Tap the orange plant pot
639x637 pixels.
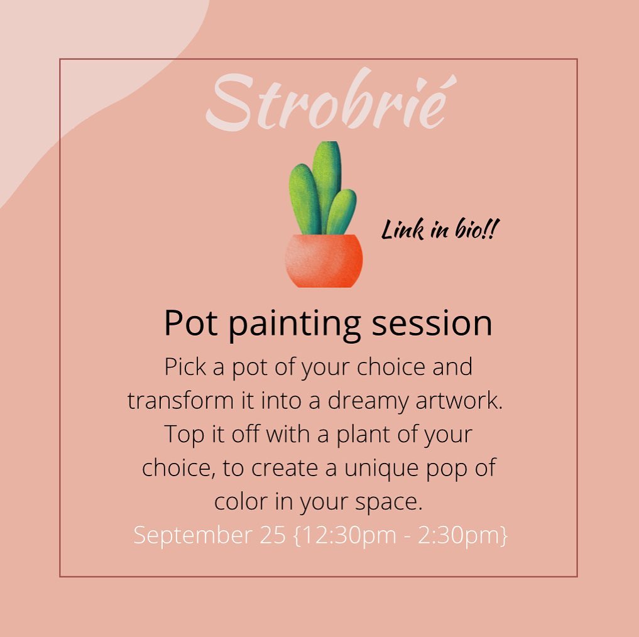324,261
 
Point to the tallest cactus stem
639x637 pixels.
327,185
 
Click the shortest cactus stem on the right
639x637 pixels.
342,212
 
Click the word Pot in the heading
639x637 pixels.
190,323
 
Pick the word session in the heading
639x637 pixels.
432,324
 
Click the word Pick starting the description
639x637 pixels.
185,367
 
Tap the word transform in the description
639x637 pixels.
180,401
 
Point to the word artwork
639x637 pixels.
459,401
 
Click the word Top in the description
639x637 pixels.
184,435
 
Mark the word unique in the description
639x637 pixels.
381,469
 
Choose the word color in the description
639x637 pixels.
241,501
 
